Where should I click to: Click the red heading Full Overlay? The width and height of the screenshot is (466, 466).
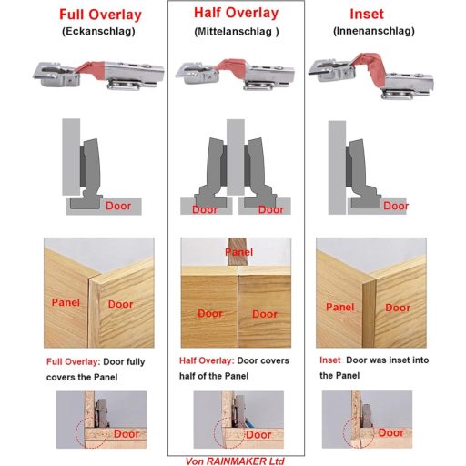(100, 15)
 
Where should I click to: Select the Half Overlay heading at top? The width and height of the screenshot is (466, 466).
(236, 13)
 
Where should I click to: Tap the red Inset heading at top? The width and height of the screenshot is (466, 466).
(367, 14)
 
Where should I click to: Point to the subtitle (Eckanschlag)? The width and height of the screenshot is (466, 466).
(98, 32)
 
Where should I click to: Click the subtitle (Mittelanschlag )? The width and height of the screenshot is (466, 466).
(237, 32)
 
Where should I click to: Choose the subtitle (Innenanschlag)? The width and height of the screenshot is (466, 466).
(374, 31)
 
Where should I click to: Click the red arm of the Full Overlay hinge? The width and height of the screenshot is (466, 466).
(90, 70)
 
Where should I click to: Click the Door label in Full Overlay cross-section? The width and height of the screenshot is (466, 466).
(118, 206)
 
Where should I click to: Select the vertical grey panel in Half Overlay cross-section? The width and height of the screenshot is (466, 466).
(236, 157)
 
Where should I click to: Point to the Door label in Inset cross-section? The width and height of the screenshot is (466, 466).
(396, 206)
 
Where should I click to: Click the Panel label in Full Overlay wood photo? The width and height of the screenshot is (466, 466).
(66, 302)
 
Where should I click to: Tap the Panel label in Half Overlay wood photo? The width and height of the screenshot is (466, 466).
(239, 252)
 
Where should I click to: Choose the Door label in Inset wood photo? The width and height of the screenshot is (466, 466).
(398, 308)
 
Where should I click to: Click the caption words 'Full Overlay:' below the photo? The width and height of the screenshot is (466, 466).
(73, 361)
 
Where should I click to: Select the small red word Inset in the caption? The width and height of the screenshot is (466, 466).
(330, 360)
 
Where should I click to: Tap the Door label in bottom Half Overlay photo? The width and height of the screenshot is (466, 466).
(258, 435)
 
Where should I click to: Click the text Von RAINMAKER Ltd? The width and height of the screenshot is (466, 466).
(235, 461)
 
